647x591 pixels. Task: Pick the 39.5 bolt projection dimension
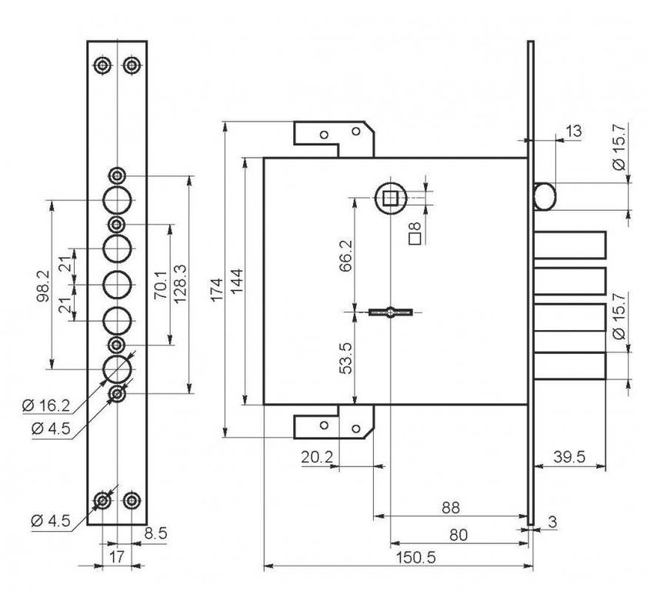570,457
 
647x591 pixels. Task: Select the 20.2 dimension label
316,457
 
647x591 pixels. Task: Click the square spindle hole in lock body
390,198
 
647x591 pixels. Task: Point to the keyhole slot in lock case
391,312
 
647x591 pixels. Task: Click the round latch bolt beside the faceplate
542,196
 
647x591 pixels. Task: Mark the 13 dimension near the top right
573,132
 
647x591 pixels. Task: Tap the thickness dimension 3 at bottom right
552,523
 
